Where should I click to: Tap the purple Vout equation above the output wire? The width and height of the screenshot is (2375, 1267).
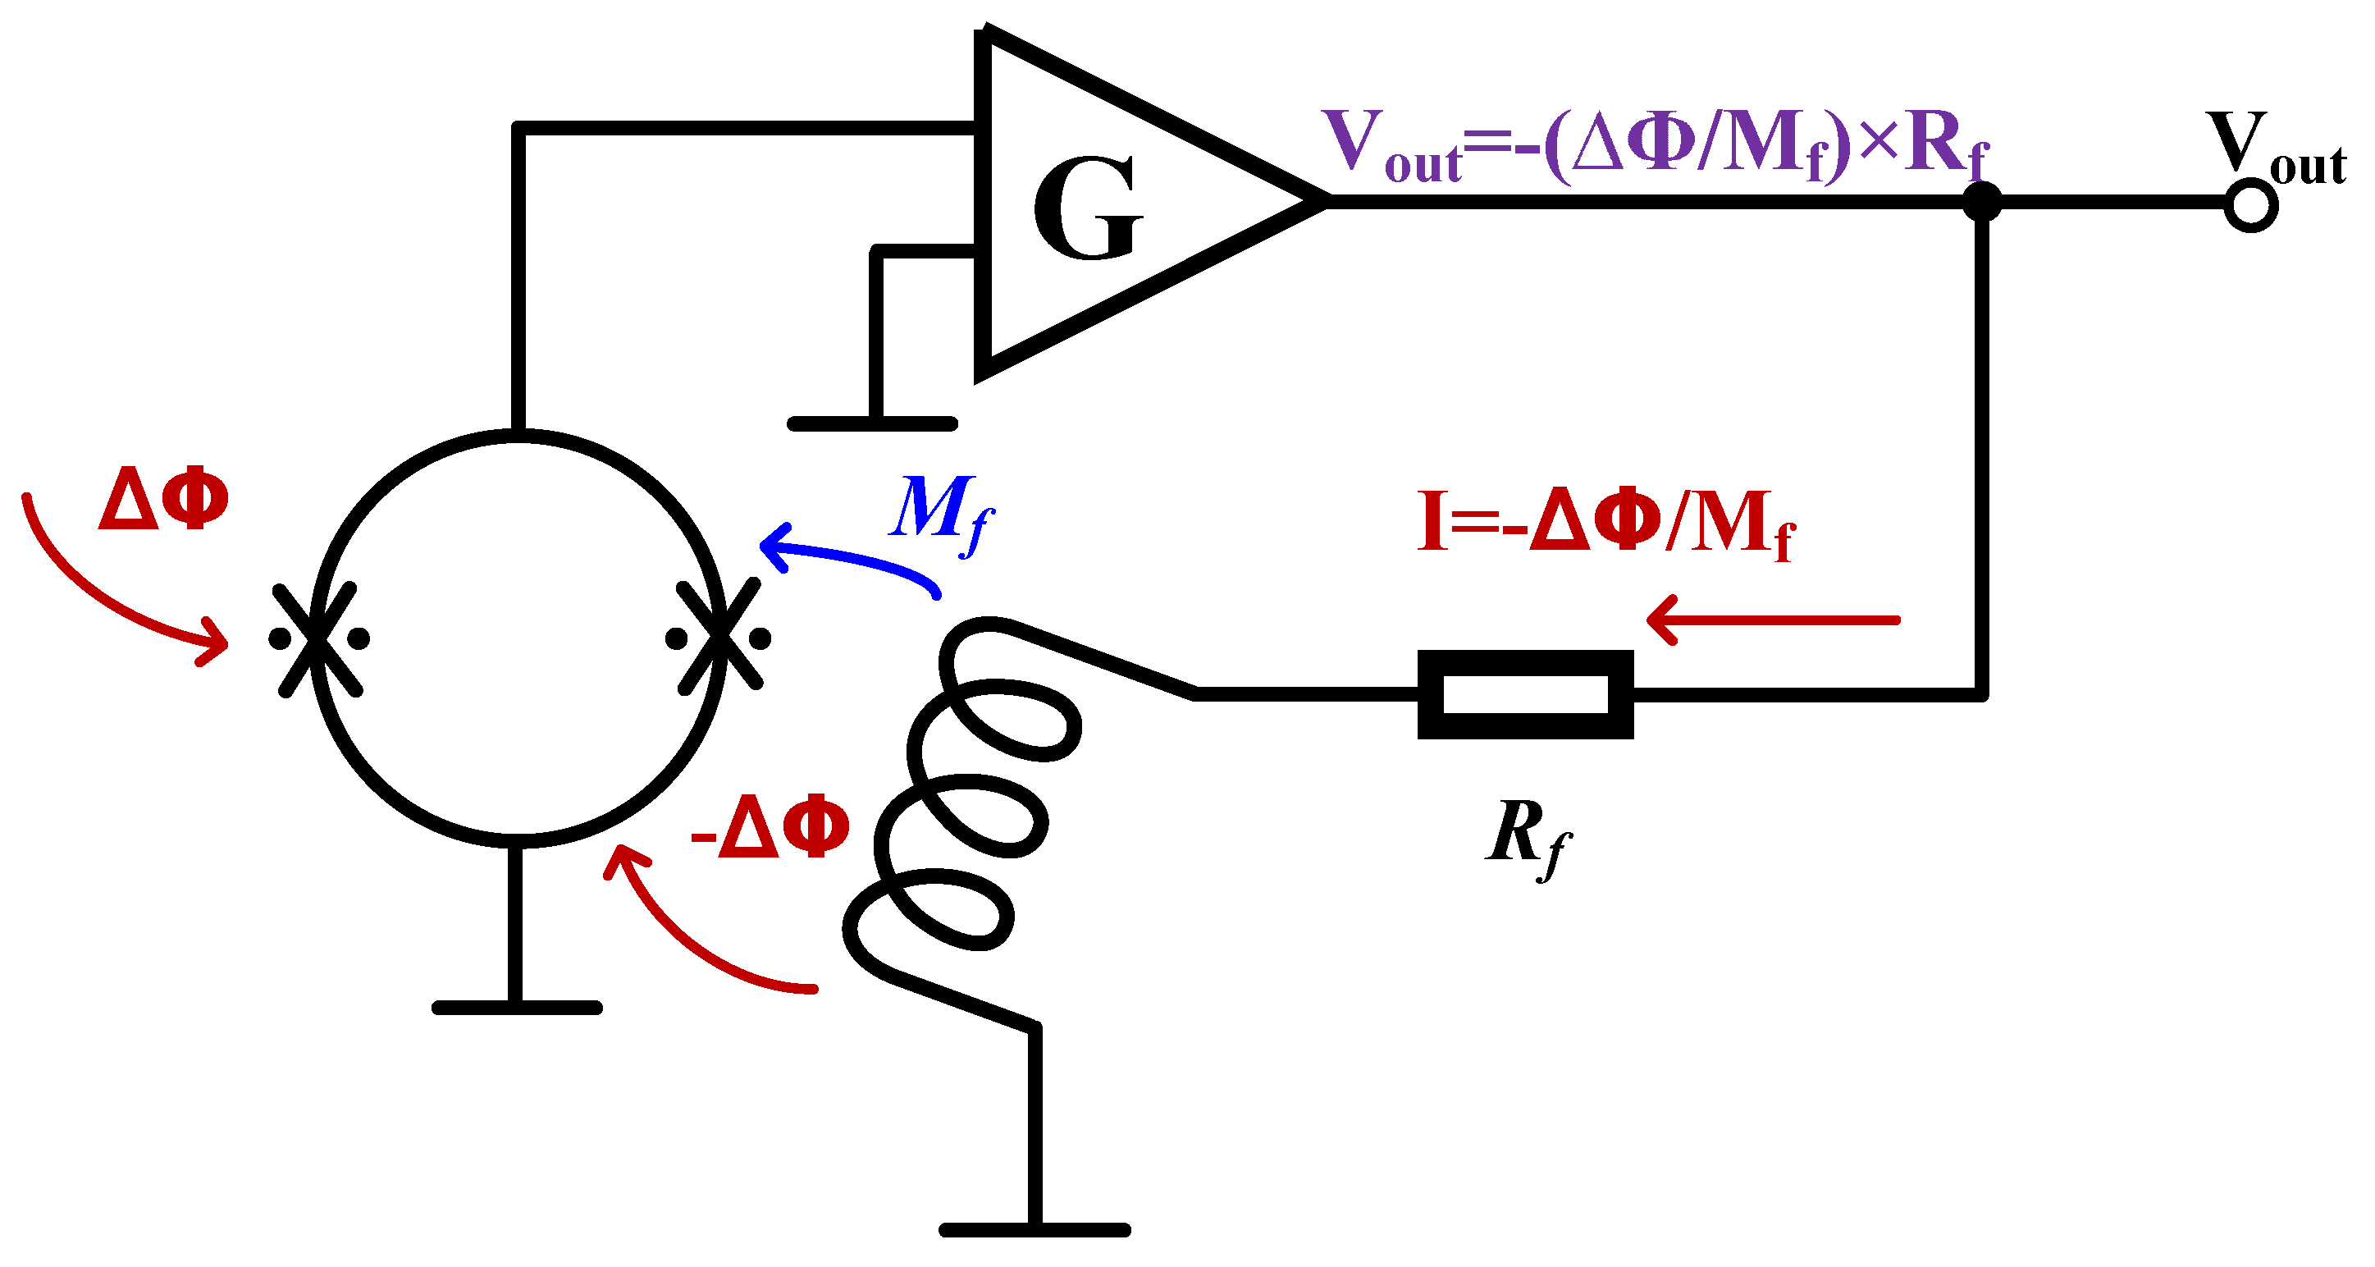1655,146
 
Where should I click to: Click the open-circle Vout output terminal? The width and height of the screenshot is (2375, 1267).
2250,204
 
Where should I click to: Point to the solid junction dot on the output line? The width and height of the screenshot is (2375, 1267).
1982,202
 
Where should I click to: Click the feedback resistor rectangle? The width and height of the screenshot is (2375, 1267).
1525,694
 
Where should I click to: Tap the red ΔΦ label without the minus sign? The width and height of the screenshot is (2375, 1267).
163,499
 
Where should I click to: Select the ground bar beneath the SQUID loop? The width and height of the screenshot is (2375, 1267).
516,1008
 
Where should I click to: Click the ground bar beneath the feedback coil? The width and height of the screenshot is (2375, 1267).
1034,1229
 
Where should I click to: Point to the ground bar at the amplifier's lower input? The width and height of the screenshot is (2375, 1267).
872,424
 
